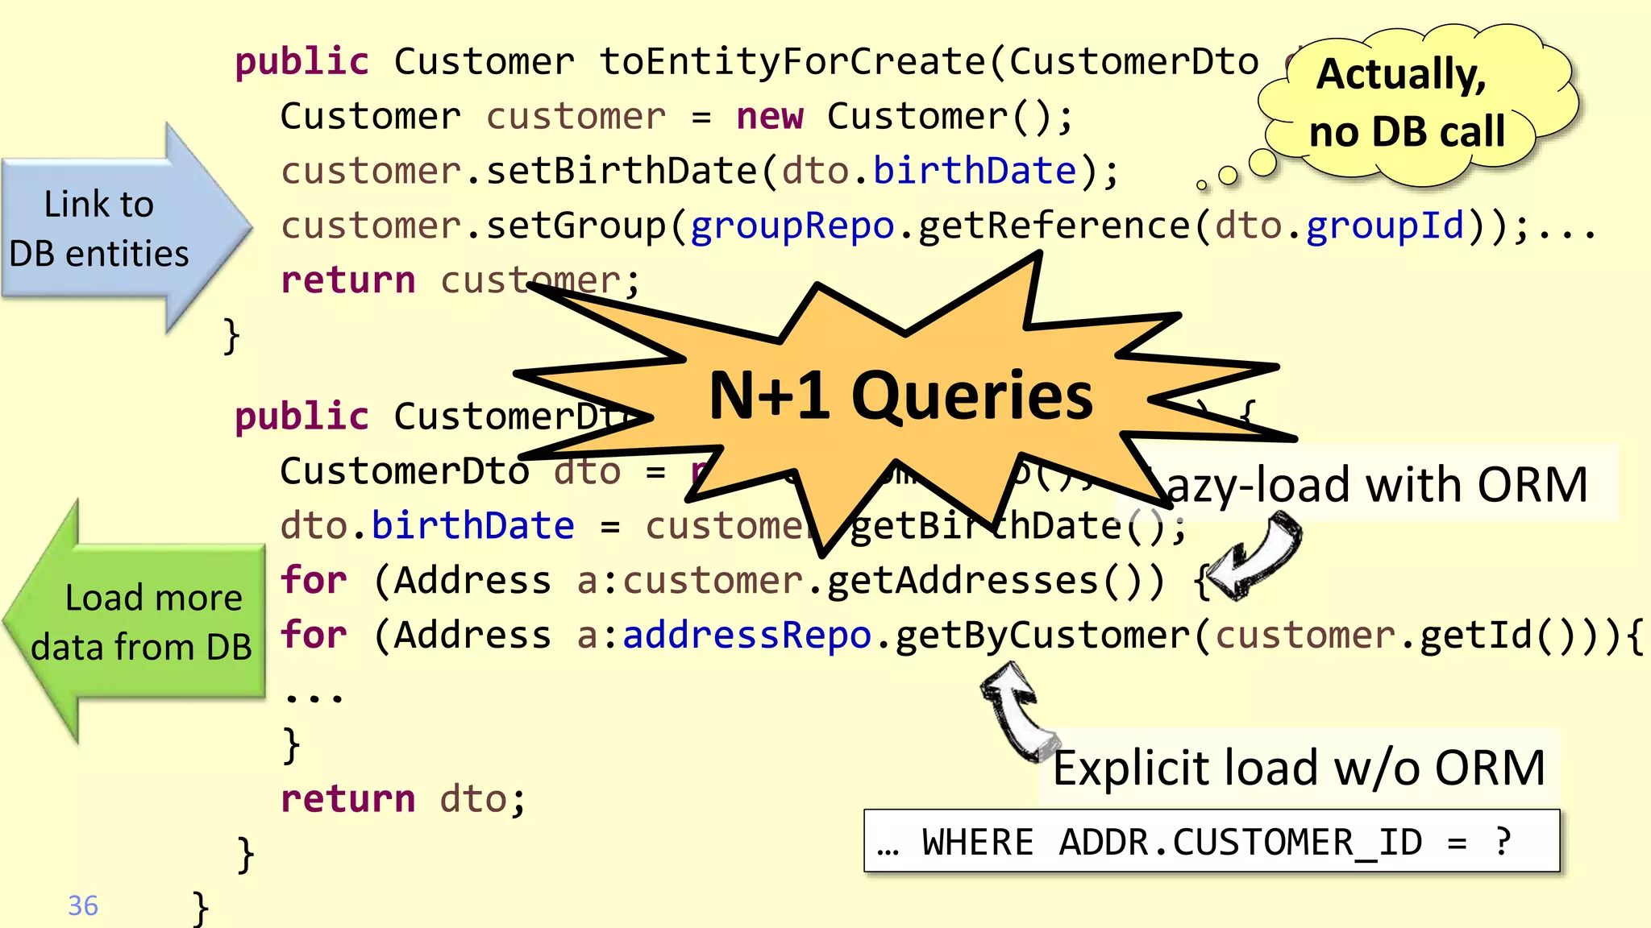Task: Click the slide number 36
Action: (x=83, y=905)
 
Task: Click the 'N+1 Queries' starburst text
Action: (x=900, y=396)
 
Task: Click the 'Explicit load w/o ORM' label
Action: (x=1299, y=768)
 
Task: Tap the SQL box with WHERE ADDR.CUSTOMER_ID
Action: (x=1211, y=842)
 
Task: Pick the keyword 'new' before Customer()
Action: (x=770, y=117)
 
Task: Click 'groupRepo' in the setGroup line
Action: (x=792, y=226)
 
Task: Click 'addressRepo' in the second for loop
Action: (x=746, y=635)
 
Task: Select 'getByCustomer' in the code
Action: (x=1042, y=635)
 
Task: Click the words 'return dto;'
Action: (x=403, y=799)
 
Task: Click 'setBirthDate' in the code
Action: (x=622, y=172)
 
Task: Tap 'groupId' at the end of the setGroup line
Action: (x=1384, y=226)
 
